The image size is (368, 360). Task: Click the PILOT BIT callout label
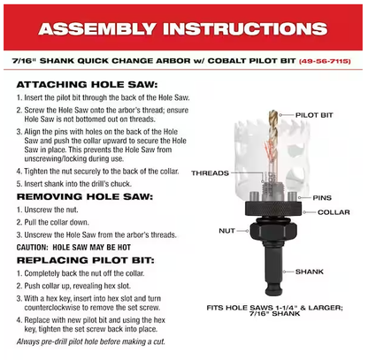314,115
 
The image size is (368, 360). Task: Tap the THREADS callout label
210,173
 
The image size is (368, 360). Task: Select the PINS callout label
322,197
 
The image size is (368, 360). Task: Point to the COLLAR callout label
333,212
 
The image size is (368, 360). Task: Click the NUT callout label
226,231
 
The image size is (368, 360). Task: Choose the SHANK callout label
310,272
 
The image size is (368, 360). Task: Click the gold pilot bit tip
273,112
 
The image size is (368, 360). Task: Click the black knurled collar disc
273,209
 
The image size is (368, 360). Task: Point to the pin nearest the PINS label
292,196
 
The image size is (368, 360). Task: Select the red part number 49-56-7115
325,61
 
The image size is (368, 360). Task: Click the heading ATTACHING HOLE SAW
88,85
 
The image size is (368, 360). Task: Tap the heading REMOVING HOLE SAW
85,196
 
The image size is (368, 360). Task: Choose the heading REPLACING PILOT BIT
86,260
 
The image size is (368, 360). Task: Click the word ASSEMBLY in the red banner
97,29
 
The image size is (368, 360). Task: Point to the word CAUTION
33,248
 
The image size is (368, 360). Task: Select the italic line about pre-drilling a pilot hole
91,341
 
